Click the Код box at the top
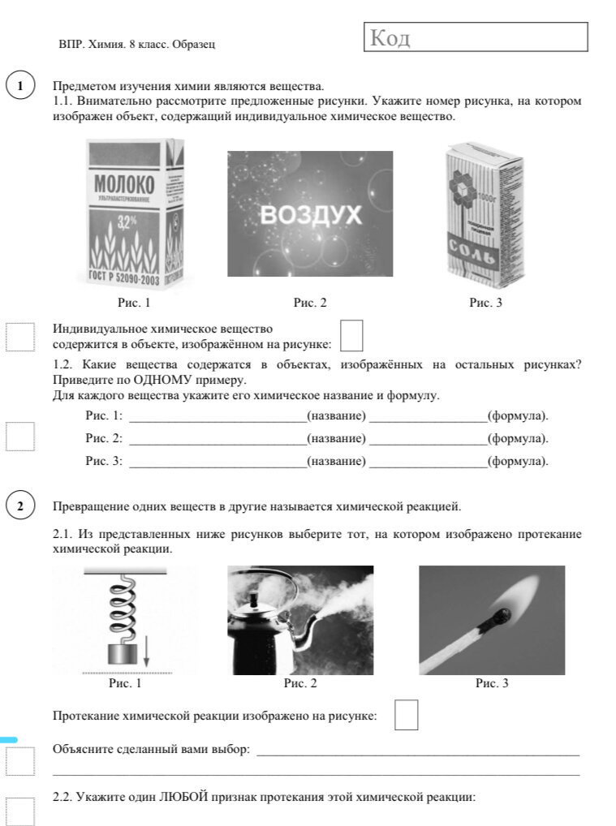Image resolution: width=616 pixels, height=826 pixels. [x=475, y=37]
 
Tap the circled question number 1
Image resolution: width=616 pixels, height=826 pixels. [x=20, y=86]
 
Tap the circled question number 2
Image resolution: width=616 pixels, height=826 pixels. [x=20, y=506]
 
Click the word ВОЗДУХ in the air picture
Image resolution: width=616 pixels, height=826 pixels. [x=310, y=215]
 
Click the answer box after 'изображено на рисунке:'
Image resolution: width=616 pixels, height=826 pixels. [x=406, y=715]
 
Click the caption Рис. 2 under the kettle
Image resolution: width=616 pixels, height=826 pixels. [x=299, y=683]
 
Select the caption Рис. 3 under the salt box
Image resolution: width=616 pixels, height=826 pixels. [x=485, y=303]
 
